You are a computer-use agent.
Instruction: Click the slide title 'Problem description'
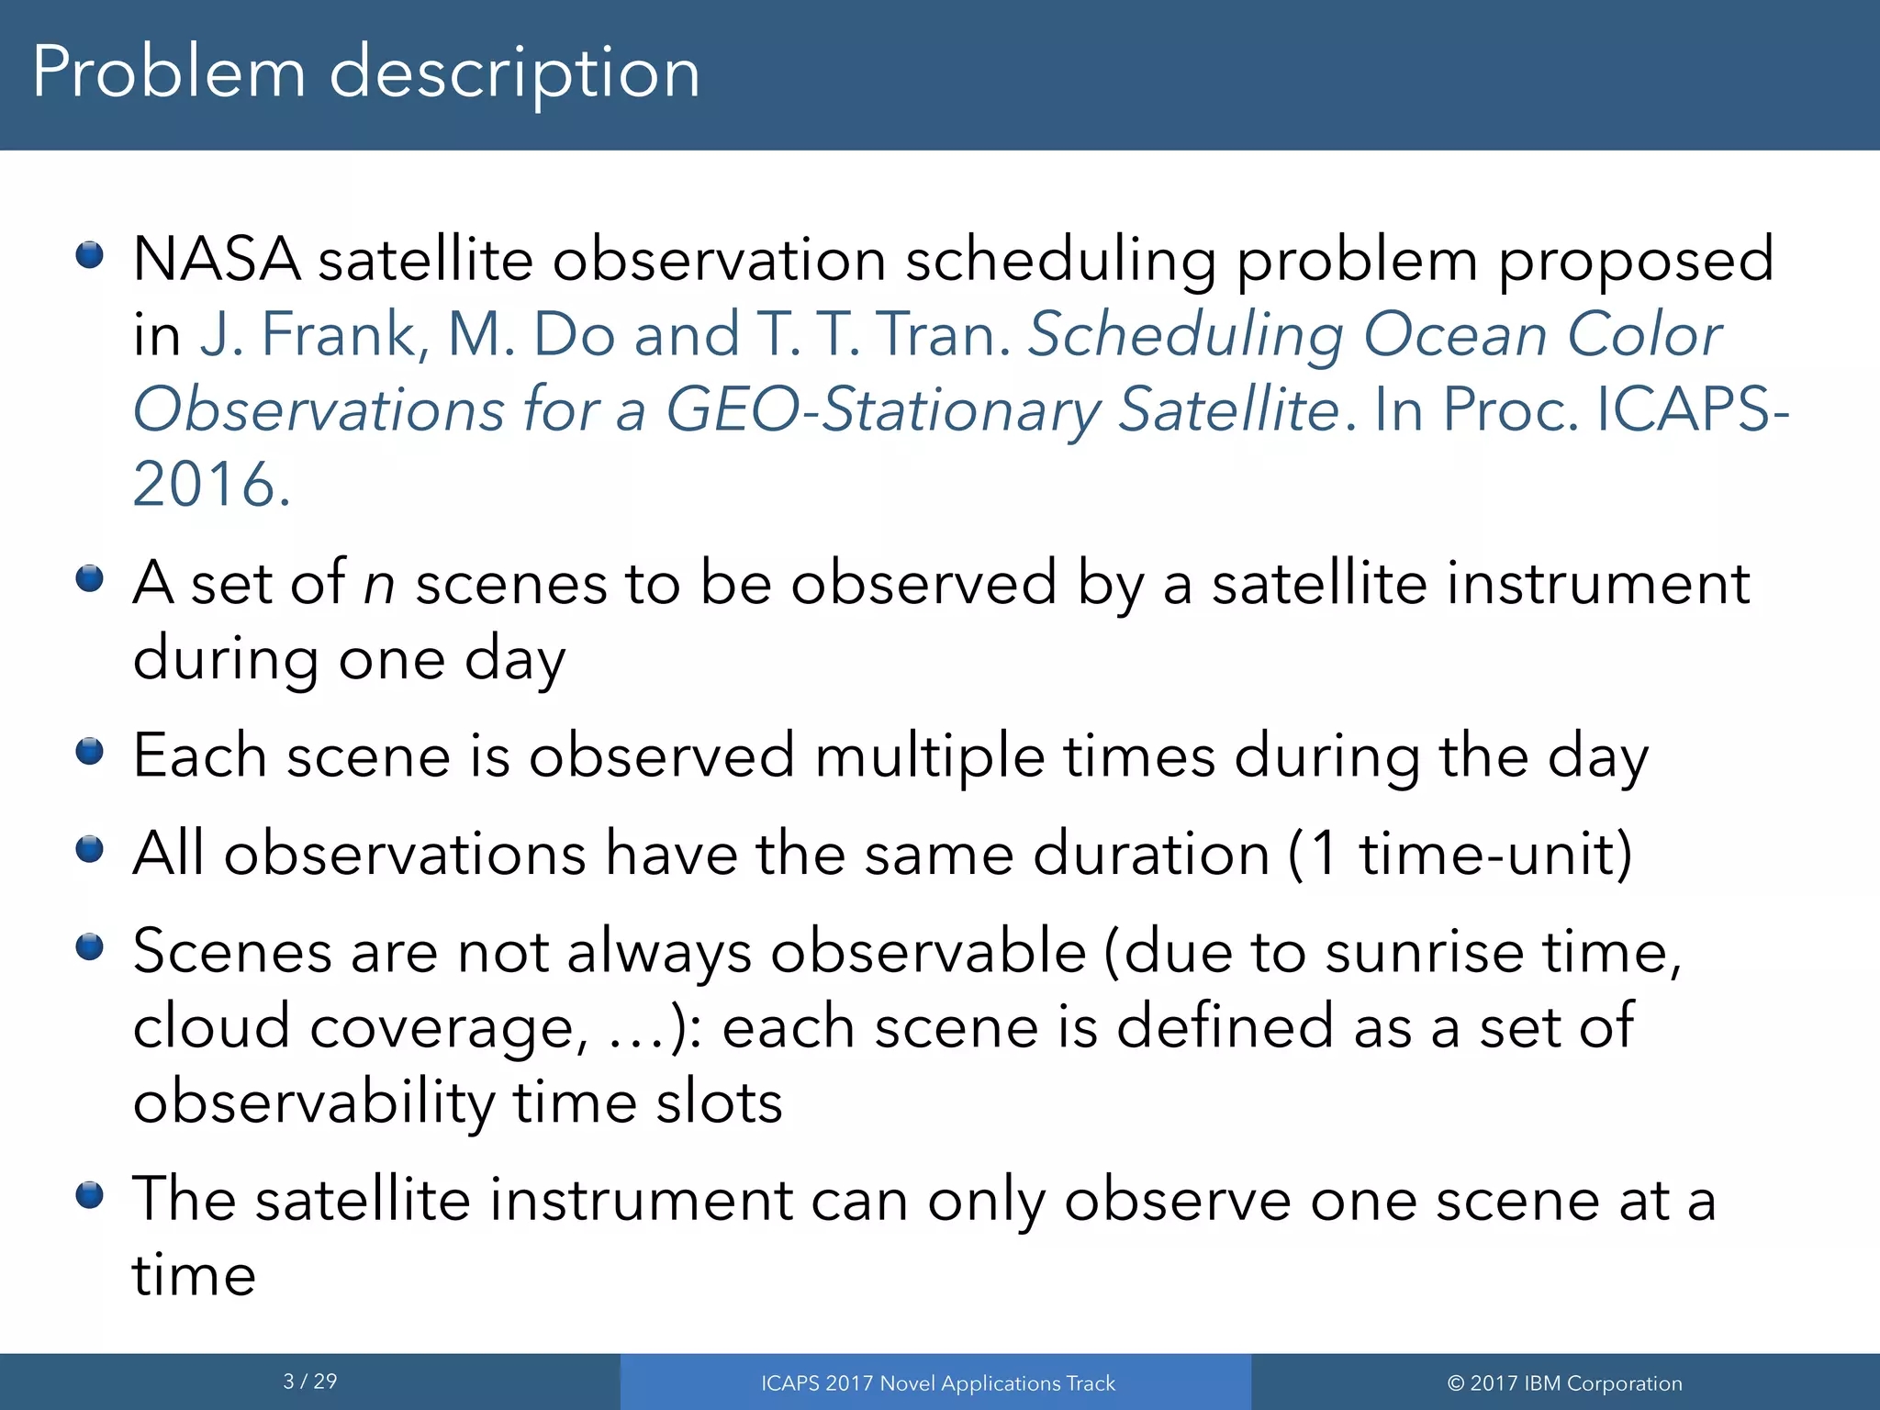click(x=366, y=73)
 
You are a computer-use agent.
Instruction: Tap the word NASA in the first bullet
click(x=217, y=260)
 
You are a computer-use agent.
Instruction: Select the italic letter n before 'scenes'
click(x=379, y=584)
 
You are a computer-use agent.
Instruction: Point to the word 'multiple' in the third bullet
click(x=930, y=756)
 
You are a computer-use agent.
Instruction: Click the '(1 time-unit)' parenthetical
click(x=1460, y=855)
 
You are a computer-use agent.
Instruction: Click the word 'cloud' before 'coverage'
click(x=211, y=1027)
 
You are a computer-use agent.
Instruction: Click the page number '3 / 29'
click(x=310, y=1382)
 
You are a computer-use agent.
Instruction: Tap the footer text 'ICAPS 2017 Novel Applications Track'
click(x=937, y=1383)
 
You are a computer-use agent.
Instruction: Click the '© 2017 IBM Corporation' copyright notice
click(x=1564, y=1383)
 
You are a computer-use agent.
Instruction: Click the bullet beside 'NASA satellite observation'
click(x=89, y=254)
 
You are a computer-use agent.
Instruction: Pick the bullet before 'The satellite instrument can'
click(x=89, y=1195)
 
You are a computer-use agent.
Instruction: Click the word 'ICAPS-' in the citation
click(x=1694, y=409)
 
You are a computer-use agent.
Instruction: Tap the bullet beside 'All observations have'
click(x=89, y=849)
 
